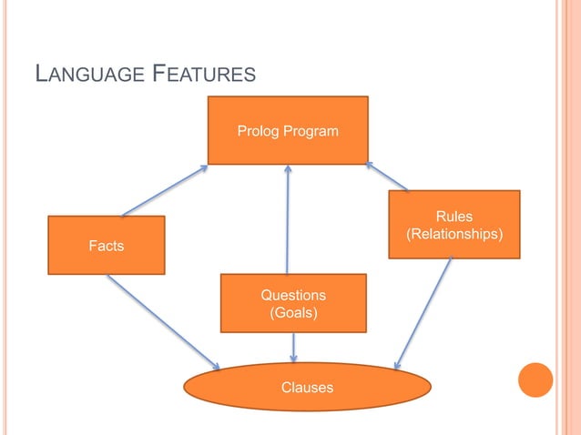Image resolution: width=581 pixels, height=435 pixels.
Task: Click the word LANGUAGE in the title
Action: click(x=83, y=74)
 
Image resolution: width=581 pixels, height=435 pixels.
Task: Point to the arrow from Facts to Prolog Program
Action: click(x=164, y=190)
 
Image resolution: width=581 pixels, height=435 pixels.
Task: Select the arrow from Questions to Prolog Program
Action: click(x=288, y=218)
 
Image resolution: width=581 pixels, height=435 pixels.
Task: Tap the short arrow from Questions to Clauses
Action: click(x=293, y=348)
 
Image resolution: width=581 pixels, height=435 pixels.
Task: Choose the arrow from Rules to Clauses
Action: click(x=423, y=313)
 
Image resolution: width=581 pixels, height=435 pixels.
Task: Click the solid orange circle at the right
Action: click(x=535, y=379)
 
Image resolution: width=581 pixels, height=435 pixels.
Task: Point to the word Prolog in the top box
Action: click(x=258, y=131)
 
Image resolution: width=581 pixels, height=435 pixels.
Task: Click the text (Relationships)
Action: click(x=454, y=234)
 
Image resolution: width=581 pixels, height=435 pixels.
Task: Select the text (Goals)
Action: click(x=293, y=313)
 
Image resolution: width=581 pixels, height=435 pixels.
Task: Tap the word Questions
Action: click(x=293, y=295)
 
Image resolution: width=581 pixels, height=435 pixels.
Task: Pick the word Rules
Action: click(x=454, y=216)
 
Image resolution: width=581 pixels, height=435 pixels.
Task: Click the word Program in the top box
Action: click(x=310, y=131)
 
